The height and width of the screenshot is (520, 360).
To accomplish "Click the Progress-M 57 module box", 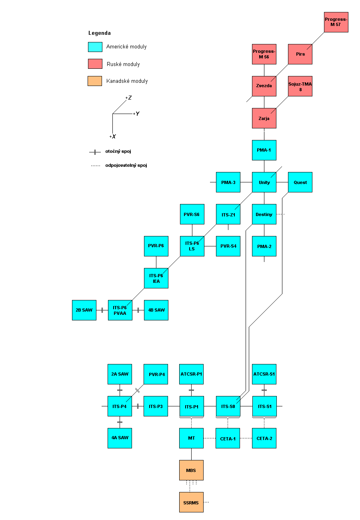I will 336,22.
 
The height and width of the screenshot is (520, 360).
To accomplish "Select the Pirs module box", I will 300,54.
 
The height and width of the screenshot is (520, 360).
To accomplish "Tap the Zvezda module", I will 264,86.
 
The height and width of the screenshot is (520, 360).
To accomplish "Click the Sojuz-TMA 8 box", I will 300,86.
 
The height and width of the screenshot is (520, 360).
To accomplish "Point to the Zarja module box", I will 264,118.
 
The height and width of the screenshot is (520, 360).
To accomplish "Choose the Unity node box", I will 264,182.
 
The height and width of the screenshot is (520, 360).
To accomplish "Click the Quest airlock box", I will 300,182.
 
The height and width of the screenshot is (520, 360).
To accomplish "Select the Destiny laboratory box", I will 264,214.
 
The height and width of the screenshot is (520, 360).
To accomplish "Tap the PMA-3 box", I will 228,182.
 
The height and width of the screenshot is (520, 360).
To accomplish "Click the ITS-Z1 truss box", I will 228,214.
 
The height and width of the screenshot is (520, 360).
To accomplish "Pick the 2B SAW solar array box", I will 84,310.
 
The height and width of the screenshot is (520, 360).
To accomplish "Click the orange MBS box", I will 191,470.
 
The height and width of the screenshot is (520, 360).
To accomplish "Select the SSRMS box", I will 191,502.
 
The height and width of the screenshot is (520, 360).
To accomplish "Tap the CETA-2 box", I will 264,438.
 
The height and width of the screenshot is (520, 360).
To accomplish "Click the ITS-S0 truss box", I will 228,406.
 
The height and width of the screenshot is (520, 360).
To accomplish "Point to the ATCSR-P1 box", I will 191,374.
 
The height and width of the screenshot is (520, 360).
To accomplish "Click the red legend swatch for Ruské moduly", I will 95,64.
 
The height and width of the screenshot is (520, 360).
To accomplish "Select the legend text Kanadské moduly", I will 127,81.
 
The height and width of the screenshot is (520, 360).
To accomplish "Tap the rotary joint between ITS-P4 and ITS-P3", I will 138,406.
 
